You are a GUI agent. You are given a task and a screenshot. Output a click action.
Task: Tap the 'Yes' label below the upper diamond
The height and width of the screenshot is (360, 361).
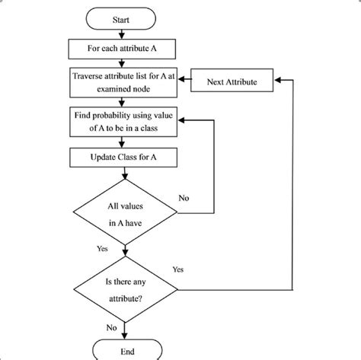tap(101, 249)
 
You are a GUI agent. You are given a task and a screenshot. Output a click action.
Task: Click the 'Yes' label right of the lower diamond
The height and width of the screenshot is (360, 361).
tap(178, 269)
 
